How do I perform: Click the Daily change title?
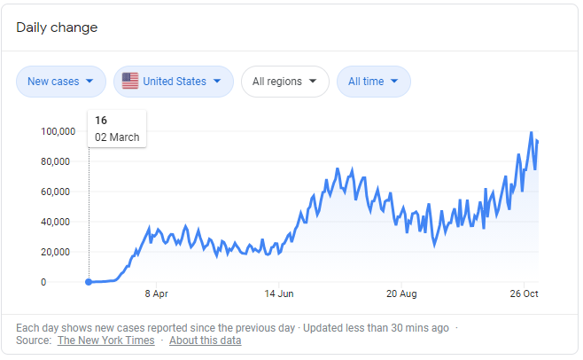point(57,27)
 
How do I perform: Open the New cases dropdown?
point(60,82)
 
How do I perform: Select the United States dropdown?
point(174,82)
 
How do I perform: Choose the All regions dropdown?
point(284,82)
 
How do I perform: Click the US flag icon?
point(130,82)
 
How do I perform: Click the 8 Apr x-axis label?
point(156,293)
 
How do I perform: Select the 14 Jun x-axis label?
point(279,293)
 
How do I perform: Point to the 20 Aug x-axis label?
point(401,293)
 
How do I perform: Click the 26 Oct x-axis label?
point(525,293)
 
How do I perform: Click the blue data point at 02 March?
point(89,282)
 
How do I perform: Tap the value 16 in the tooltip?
point(101,121)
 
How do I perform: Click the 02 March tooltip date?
point(117,137)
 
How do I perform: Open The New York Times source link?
point(105,340)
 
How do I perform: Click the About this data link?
point(205,340)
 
